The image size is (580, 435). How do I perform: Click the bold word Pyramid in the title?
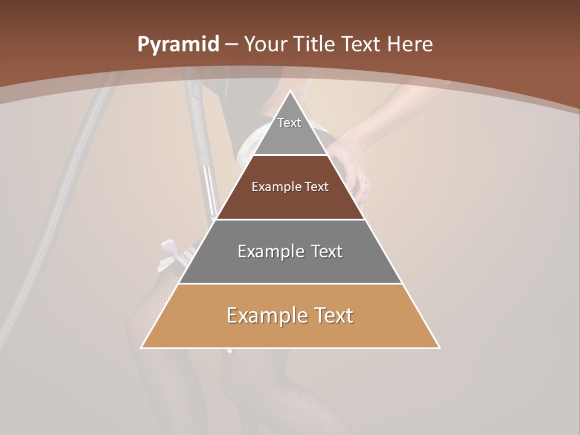point(178,45)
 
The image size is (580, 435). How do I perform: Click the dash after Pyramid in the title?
point(231,45)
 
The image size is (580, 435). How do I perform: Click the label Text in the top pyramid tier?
point(289,123)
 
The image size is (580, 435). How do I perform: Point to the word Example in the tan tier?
point(264,315)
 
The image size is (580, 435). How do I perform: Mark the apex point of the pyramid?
point(290,91)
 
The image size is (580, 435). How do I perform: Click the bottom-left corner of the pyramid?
point(141,347)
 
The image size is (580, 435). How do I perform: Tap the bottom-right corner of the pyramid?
point(439,347)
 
